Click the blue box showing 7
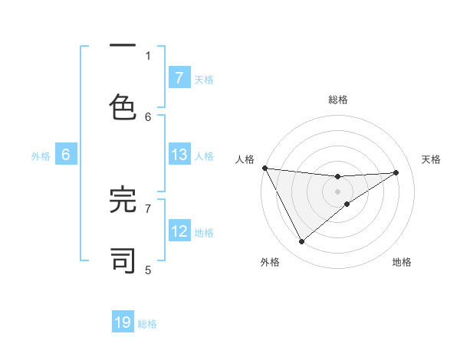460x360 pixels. tap(179, 77)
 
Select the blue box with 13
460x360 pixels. tap(179, 155)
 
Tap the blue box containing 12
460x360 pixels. tap(179, 231)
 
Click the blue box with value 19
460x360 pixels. tap(123, 322)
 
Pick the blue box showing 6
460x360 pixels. tap(66, 155)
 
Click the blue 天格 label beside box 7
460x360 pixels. tap(204, 79)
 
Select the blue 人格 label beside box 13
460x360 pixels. tap(204, 156)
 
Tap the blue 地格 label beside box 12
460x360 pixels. tap(204, 233)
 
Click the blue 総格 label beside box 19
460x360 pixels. tap(147, 324)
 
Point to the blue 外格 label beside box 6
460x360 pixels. tap(41, 156)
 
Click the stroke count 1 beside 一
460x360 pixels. tap(148, 55)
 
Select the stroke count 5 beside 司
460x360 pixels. tap(148, 270)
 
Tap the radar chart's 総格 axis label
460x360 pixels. tap(337, 100)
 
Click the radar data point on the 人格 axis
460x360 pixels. tap(264, 168)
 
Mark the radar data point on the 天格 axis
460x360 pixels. tap(396, 172)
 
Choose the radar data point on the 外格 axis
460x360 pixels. tap(301, 242)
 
